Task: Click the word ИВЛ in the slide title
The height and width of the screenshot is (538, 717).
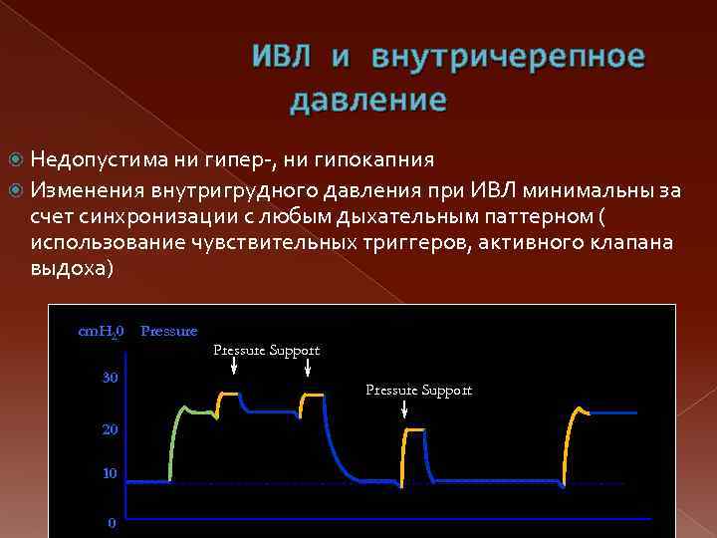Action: [283, 57]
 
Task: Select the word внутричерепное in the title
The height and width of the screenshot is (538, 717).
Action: [508, 58]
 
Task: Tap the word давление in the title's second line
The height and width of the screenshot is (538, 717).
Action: [368, 101]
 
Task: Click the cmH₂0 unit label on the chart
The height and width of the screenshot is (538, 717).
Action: [101, 331]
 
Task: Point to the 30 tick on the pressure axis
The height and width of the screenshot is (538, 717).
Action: [110, 378]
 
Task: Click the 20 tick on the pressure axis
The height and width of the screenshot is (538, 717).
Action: [110, 429]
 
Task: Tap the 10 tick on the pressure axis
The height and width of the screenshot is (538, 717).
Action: [110, 473]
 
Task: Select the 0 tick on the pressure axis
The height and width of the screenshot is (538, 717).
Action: [112, 522]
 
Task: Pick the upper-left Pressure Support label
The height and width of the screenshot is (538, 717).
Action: [267, 351]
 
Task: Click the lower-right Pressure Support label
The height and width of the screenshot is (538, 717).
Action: [418, 391]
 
